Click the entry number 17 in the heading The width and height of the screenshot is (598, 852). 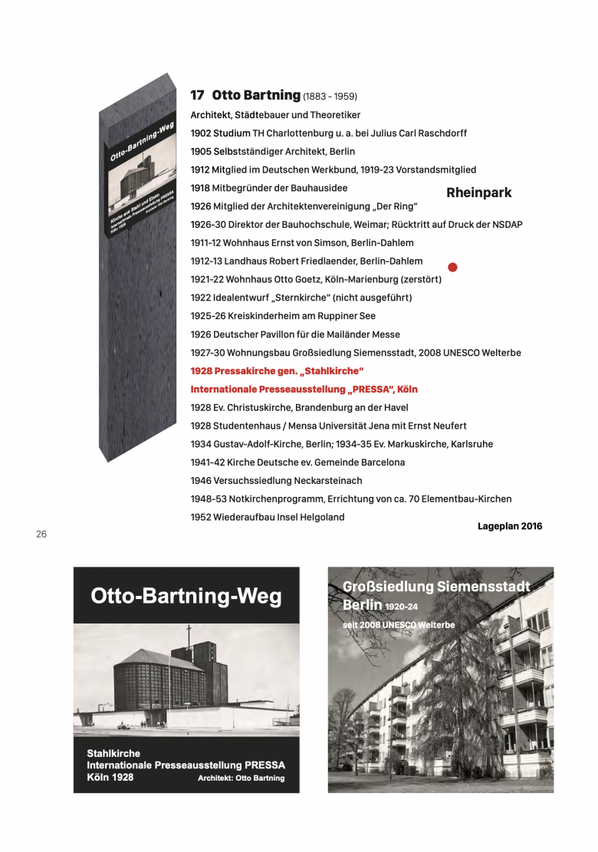coord(197,96)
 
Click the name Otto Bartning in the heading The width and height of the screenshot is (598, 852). coord(256,96)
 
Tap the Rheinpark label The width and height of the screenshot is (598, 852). coord(478,193)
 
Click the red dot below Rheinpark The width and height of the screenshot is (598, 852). coord(452,268)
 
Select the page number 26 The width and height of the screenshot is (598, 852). coord(41,535)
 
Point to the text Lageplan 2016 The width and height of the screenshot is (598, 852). coord(510,526)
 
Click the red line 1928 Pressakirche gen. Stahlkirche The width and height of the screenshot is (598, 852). coord(277,371)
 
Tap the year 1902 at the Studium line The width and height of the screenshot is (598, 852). coord(201,133)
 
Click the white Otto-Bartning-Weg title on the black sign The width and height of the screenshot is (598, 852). coord(186,596)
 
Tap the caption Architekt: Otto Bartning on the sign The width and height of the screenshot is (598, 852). coord(241,778)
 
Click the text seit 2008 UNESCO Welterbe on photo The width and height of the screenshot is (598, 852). coord(399,625)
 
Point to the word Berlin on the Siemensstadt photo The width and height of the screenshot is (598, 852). coord(363,606)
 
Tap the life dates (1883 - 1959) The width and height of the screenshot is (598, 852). coord(330,97)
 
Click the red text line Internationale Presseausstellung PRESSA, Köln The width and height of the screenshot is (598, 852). coord(304,390)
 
